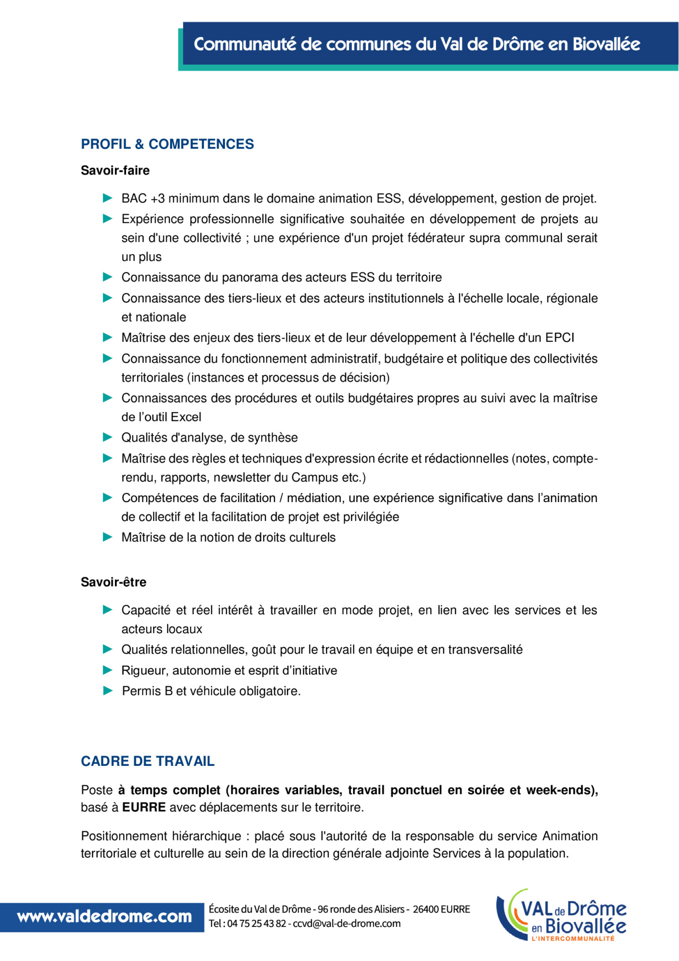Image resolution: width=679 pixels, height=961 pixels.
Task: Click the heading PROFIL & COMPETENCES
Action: click(x=167, y=144)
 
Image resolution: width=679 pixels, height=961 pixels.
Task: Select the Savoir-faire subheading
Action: click(x=115, y=171)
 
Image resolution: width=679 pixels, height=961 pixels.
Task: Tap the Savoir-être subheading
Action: click(x=113, y=582)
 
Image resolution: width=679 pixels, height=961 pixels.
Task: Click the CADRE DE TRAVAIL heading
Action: click(x=147, y=761)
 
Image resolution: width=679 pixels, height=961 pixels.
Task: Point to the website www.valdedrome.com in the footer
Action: click(x=104, y=917)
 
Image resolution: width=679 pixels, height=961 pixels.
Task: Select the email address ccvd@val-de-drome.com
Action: click(x=346, y=923)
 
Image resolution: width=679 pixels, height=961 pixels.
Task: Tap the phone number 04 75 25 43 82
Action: click(x=256, y=923)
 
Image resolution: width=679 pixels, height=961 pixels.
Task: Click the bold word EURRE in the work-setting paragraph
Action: click(x=144, y=807)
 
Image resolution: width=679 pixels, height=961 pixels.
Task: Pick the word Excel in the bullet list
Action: click(x=186, y=417)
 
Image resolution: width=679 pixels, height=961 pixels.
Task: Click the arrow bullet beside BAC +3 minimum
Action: click(x=107, y=198)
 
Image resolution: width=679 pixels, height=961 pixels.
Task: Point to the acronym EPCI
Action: click(x=559, y=338)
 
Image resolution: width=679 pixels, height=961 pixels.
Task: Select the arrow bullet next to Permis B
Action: click(x=107, y=691)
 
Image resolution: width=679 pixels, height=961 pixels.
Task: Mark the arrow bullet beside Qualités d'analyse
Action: click(x=107, y=437)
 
